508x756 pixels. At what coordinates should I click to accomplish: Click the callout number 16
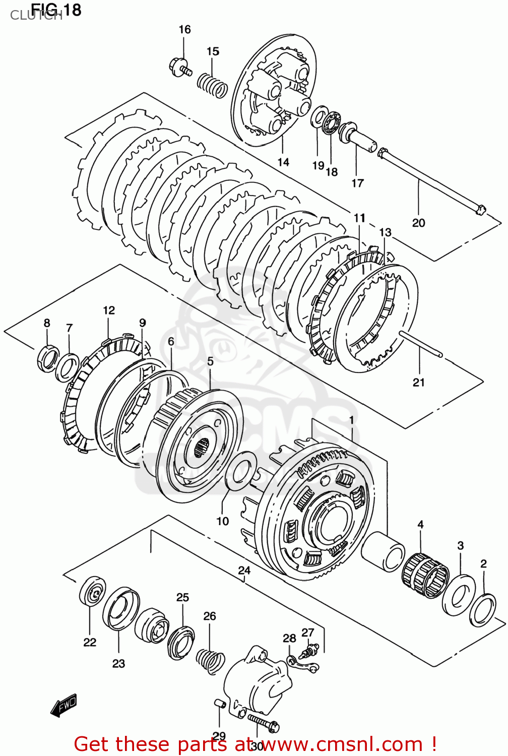pyautogui.click(x=184, y=29)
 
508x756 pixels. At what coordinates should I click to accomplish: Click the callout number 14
pyautogui.click(x=283, y=162)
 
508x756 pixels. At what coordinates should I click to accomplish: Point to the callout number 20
pyautogui.click(x=418, y=222)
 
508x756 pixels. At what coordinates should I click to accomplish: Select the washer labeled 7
pyautogui.click(x=67, y=367)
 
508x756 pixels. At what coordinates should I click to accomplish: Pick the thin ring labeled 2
pyautogui.click(x=483, y=610)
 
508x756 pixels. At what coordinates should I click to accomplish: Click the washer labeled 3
pyautogui.click(x=459, y=595)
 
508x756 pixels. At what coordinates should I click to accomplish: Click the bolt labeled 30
pyautogui.click(x=263, y=722)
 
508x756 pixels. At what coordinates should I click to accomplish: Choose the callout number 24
pyautogui.click(x=244, y=570)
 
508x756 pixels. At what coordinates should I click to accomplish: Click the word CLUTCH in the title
pyautogui.click(x=36, y=16)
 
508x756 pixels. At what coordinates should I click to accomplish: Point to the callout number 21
pyautogui.click(x=419, y=382)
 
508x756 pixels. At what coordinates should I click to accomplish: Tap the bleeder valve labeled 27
pyautogui.click(x=307, y=652)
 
